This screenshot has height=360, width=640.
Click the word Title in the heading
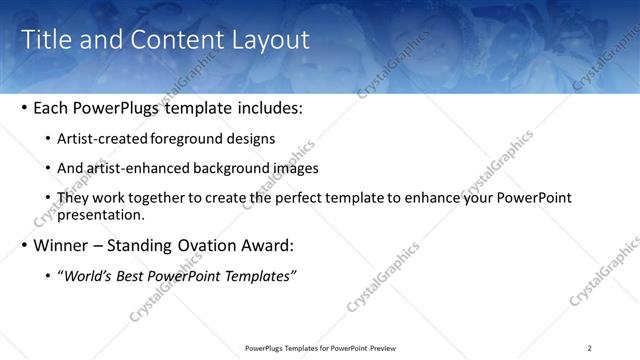pyautogui.click(x=46, y=40)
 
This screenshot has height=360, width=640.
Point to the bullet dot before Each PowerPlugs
pyautogui.click(x=24, y=107)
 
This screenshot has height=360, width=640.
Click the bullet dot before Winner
pyautogui.click(x=24, y=245)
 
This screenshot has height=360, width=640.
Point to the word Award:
pyautogui.click(x=268, y=245)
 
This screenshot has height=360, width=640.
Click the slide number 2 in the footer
pyautogui.click(x=589, y=348)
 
